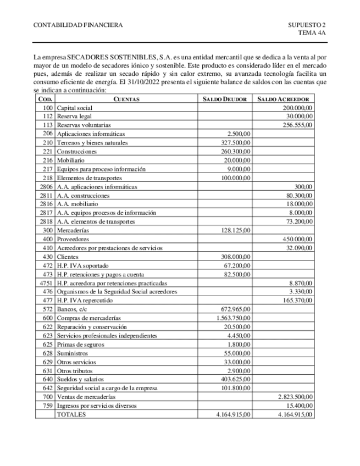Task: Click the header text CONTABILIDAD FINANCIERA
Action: [x=78, y=25]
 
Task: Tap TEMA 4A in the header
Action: [x=312, y=33]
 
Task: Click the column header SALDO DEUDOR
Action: [x=225, y=99]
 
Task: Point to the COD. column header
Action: [x=45, y=99]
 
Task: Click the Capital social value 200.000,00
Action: [x=297, y=108]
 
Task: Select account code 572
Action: [x=47, y=309]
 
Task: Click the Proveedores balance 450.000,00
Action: [x=297, y=239]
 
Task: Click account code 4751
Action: [x=46, y=283]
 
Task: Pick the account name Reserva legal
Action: [x=74, y=116]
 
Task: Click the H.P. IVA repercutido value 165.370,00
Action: [x=297, y=301]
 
